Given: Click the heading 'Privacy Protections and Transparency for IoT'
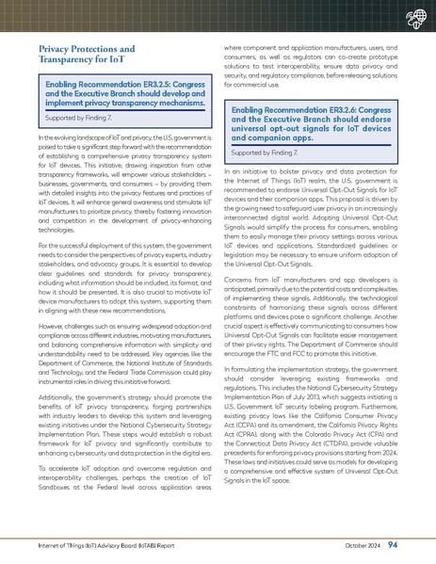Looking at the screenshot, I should click(x=86, y=54).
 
